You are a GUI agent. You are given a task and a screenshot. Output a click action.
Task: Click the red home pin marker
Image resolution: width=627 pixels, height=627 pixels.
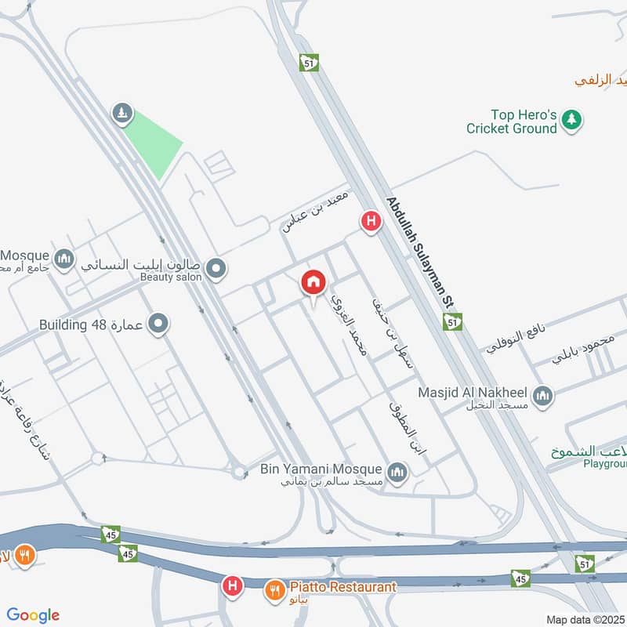pyautogui.click(x=313, y=283)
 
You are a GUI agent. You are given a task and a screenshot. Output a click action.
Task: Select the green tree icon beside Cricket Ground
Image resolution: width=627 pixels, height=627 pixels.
pyautogui.click(x=573, y=119)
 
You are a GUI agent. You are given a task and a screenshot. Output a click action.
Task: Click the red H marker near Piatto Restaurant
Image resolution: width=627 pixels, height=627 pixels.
pyautogui.click(x=231, y=585)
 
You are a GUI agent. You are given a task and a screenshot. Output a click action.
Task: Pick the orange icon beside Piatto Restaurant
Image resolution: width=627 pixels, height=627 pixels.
pyautogui.click(x=274, y=588)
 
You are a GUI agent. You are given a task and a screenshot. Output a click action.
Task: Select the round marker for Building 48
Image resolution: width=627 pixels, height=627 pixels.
pyautogui.click(x=158, y=323)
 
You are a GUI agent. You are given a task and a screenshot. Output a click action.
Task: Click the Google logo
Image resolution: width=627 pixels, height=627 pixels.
pyautogui.click(x=33, y=615)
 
